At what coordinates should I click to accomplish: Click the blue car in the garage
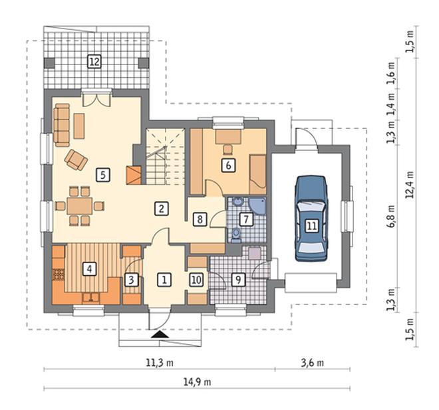coord(311,219)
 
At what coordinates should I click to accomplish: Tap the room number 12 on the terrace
coord(94,61)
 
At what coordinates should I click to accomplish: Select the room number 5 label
coord(102,175)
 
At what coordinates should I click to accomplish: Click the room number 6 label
coord(228,165)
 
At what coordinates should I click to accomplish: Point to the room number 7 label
coord(246,219)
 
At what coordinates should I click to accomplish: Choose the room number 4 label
coord(89,268)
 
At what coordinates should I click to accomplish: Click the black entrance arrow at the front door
coord(160,334)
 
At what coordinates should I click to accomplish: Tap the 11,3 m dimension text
coord(160,363)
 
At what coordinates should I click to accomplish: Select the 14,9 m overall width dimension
coord(197,381)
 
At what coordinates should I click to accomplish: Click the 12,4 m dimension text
coord(410,185)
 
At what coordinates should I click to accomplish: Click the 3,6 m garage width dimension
coord(313,363)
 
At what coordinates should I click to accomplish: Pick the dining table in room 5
coord(80,206)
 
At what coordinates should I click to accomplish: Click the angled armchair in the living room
coord(76,159)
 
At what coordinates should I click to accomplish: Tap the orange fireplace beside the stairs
coord(134,175)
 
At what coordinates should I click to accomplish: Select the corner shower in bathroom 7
coord(257,207)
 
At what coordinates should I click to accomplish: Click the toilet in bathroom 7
coord(237,235)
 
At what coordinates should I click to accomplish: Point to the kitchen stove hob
coord(59,274)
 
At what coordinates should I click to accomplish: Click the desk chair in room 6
coord(227,150)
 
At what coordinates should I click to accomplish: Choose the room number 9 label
coord(238,279)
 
